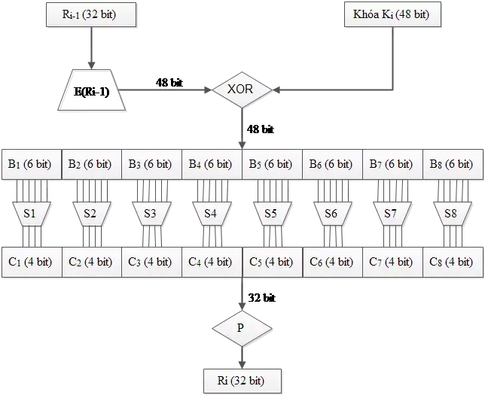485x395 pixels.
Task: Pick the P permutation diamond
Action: pos(241,327)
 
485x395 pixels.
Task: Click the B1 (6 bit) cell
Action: pos(31,164)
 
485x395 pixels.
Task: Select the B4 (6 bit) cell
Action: pos(212,164)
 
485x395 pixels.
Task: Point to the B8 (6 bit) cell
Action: pos(451,164)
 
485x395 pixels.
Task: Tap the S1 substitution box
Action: pos(30,213)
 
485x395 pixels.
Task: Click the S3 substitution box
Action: pos(150,213)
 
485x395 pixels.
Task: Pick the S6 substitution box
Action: pos(331,213)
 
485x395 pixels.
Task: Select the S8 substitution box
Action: pos(450,213)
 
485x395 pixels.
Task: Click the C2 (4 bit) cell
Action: pos(91,262)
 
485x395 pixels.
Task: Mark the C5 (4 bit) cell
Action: pos(272,262)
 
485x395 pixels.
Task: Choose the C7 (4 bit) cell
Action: pos(391,262)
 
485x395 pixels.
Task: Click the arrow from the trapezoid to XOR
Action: pos(166,90)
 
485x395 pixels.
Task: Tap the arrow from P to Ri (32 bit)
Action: pos(241,357)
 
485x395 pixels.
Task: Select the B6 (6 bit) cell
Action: pos(331,164)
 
